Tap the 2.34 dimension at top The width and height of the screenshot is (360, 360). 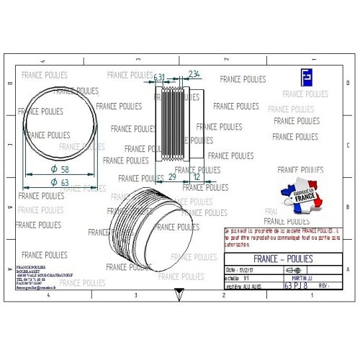pyautogui.click(x=194, y=75)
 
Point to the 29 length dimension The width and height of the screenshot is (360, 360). pyautogui.click(x=172, y=176)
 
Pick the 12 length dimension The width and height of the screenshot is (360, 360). pyautogui.click(x=197, y=176)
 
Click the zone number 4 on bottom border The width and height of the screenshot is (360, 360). pyautogui.click(x=48, y=295)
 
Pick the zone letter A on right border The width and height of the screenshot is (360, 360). pyautogui.click(x=348, y=268)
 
